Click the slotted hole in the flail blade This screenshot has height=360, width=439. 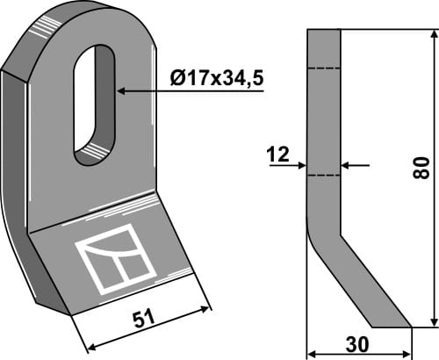point(93,105)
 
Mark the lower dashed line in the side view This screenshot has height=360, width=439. point(323,174)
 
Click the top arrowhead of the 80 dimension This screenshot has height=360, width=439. point(432,35)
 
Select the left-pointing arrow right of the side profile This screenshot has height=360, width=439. point(347,163)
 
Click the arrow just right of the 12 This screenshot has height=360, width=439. point(301,163)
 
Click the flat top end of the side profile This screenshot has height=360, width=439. point(323,30)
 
